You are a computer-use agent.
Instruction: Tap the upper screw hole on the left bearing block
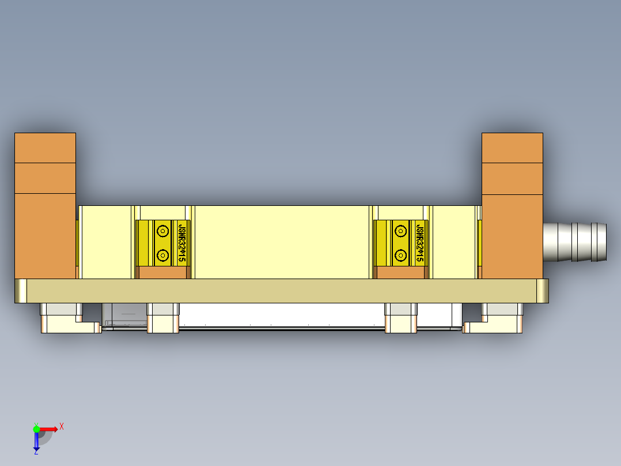coord(162,231)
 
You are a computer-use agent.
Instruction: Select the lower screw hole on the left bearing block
coord(162,254)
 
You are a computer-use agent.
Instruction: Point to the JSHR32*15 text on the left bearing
coord(183,243)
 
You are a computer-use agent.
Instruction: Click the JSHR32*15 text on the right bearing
coord(421,243)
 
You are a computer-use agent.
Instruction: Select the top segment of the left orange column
coord(45,148)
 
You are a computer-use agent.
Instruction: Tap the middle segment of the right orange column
coord(512,178)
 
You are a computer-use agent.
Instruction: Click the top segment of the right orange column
coord(512,148)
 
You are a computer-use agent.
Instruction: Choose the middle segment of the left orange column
coord(45,178)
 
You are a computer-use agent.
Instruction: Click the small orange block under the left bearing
coord(165,273)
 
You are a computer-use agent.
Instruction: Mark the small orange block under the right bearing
coord(401,273)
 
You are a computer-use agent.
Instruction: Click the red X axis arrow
coord(48,429)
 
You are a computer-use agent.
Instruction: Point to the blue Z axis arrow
coord(36,441)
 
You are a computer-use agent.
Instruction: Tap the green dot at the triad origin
coord(36,429)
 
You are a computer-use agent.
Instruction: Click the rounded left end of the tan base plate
coord(21,291)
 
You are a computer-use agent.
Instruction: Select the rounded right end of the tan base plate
coord(543,291)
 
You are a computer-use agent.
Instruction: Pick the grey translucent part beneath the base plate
coord(124,316)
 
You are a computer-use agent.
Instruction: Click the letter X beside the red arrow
coord(62,426)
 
